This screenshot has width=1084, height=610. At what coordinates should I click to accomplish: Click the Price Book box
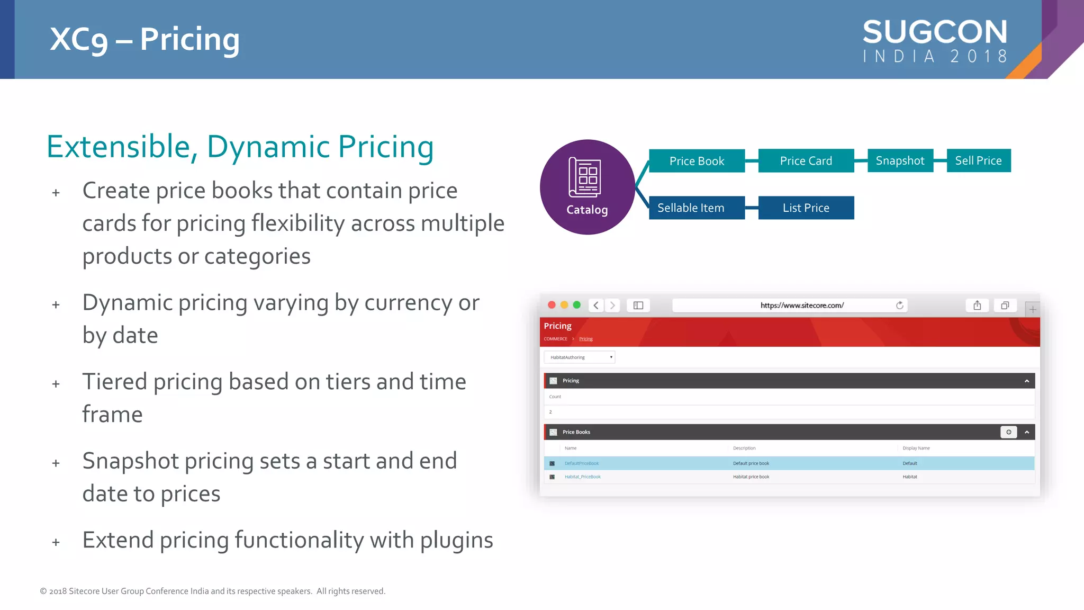[697, 161]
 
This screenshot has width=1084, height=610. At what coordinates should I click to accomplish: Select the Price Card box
[806, 161]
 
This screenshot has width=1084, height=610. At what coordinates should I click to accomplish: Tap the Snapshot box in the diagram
[900, 161]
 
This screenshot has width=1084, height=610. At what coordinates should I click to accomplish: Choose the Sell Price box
[978, 161]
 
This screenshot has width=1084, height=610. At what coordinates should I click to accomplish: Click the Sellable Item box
[691, 208]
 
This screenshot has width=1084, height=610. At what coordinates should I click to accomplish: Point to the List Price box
[806, 208]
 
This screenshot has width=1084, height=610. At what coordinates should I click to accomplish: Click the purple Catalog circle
[587, 187]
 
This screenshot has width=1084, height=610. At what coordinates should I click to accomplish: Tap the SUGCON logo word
[935, 32]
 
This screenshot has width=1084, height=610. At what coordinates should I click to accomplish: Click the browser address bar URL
[802, 306]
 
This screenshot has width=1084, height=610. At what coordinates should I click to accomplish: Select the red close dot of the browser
[552, 305]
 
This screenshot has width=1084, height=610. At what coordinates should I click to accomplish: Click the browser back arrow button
[596, 306]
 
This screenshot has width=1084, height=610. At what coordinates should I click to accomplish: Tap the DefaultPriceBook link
[582, 463]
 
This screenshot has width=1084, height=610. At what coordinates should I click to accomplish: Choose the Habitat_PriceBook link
[583, 477]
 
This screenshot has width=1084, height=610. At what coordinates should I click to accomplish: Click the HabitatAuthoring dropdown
[580, 357]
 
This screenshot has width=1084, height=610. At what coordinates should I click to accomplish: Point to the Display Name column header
[916, 448]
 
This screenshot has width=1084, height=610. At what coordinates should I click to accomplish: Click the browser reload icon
[899, 306]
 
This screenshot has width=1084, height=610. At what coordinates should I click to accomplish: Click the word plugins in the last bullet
[457, 541]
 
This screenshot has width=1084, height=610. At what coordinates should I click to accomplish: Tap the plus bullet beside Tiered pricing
[56, 384]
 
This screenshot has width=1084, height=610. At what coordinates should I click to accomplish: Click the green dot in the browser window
[577, 305]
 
